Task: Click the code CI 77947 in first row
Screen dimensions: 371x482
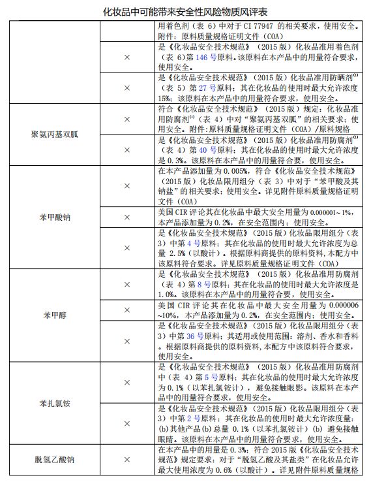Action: (256, 25)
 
